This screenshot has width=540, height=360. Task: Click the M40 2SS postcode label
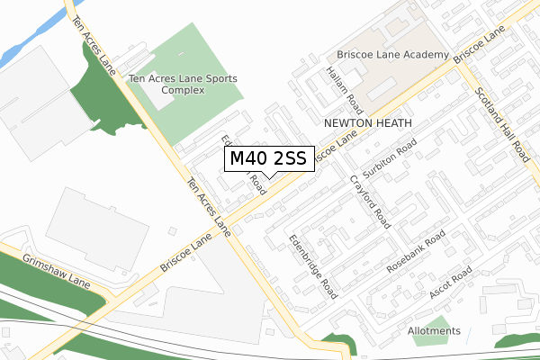point(268,158)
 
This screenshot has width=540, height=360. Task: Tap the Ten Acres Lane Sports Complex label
point(183,85)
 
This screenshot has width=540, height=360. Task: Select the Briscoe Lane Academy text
point(392,56)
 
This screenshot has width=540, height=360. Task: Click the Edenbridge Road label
point(312,265)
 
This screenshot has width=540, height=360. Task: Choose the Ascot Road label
point(438,283)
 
